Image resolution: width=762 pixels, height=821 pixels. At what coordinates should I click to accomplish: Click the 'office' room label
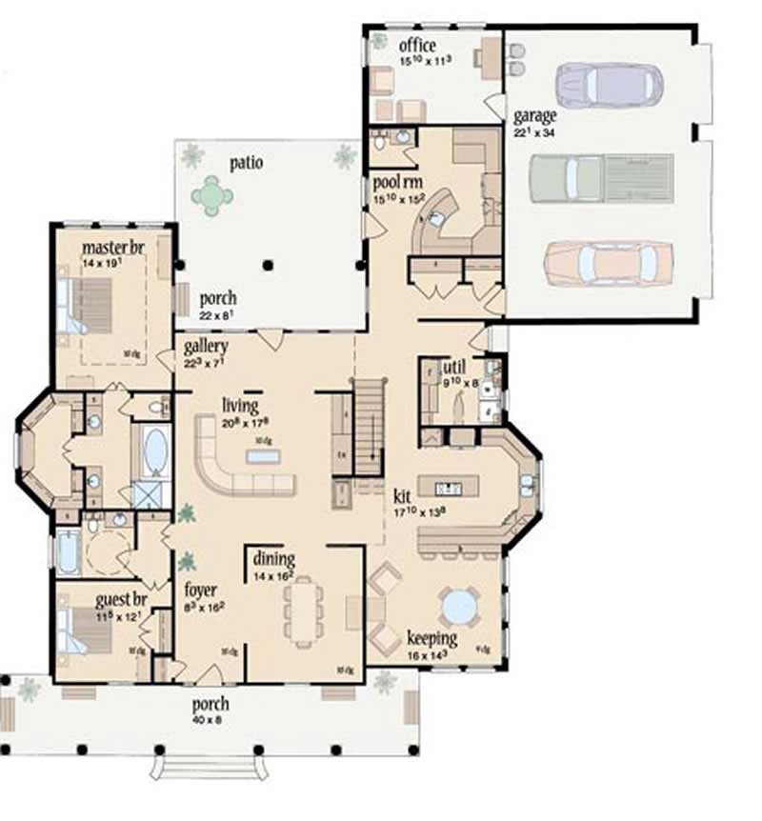416,45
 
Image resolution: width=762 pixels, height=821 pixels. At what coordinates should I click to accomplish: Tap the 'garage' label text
534,116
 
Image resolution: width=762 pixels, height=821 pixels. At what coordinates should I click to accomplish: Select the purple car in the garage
608,85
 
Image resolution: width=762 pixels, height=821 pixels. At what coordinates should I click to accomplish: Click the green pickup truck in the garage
600,177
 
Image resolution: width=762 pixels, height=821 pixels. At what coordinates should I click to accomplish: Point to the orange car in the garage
608,262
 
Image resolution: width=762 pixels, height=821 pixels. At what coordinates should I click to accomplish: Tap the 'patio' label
246,162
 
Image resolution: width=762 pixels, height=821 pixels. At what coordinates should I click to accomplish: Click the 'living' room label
240,406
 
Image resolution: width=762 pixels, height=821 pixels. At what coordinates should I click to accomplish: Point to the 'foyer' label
202,588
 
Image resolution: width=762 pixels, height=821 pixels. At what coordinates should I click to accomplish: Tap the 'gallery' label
205,343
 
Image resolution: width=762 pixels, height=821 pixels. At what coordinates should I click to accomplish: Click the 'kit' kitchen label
401,496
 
